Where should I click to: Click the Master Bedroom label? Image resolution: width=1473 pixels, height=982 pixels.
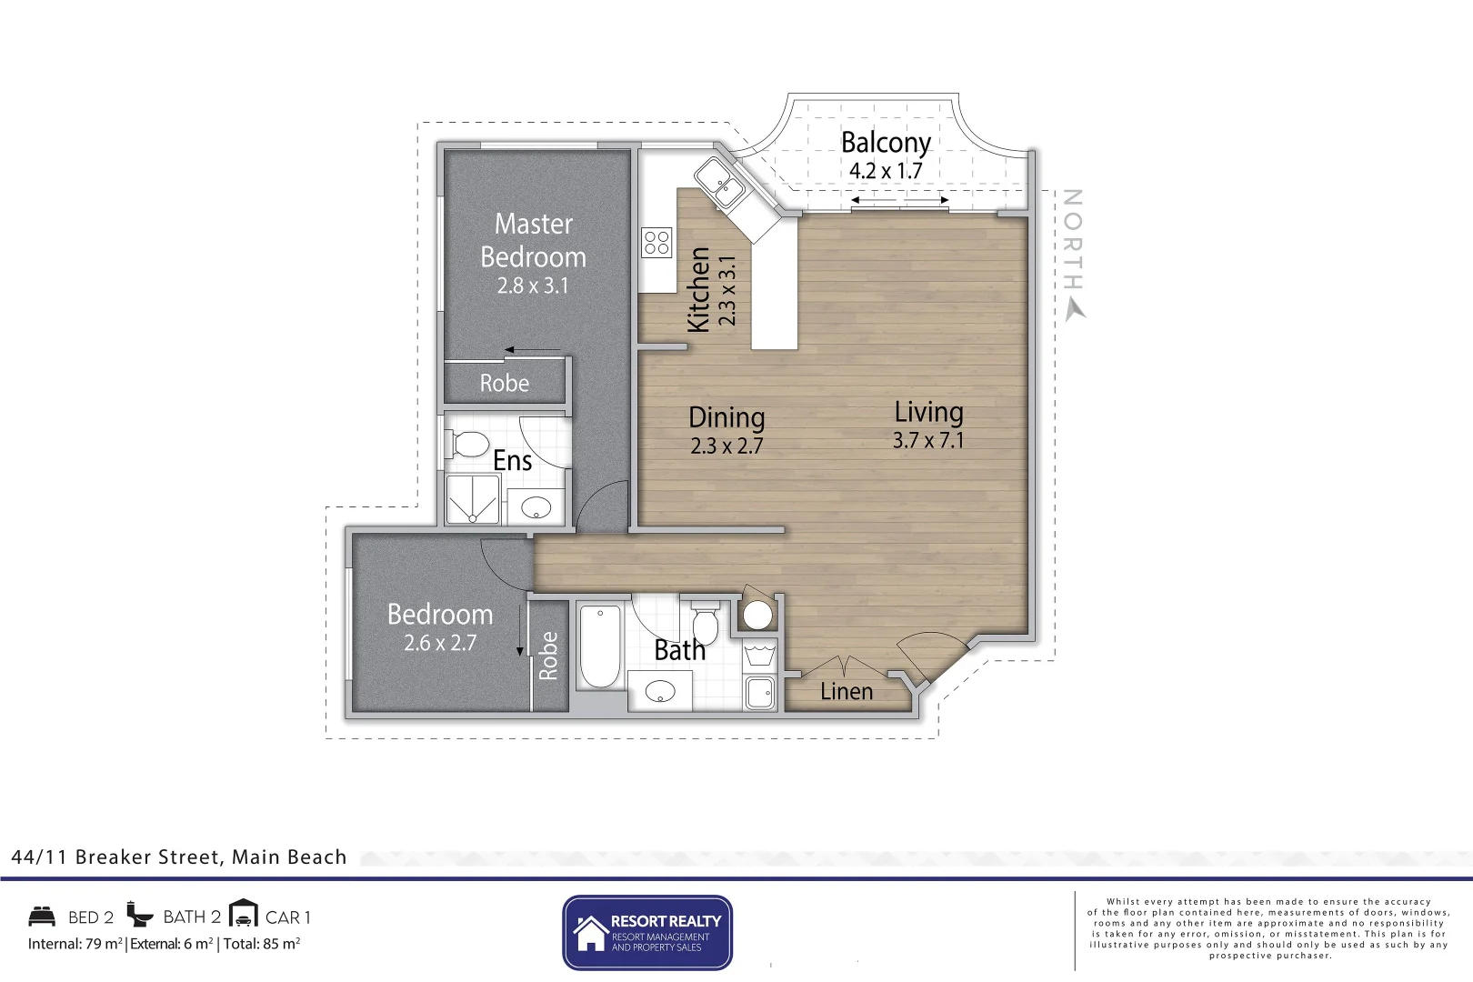click(x=533, y=240)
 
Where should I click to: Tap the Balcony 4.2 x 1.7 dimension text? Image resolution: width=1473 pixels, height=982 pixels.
click(x=885, y=171)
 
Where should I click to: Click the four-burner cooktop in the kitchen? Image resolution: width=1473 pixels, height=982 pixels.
click(x=656, y=243)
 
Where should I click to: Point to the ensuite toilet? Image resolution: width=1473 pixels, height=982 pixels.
click(x=466, y=445)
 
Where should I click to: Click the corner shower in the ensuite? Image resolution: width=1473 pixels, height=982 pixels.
click(x=473, y=499)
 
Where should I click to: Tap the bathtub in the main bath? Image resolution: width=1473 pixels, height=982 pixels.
click(x=600, y=646)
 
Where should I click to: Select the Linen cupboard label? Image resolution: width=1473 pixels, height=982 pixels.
click(x=846, y=692)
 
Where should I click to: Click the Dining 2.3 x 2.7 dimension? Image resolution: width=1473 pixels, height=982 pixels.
click(x=726, y=446)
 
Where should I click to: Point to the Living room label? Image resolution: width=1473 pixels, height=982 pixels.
click(x=928, y=412)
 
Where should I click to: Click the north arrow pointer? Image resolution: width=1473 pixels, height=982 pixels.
click(x=1076, y=309)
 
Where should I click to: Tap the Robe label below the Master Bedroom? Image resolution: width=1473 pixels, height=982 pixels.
click(x=505, y=384)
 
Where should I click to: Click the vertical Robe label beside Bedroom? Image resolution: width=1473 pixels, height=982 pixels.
click(x=548, y=656)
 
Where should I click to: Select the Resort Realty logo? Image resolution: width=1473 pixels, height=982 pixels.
click(x=646, y=933)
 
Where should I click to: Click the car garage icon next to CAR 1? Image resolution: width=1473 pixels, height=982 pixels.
click(x=244, y=914)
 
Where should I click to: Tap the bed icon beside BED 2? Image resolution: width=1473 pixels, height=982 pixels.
click(x=42, y=916)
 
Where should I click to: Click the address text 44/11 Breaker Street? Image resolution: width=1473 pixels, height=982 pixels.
click(x=178, y=857)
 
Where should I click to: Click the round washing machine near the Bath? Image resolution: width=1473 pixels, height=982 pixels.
click(x=757, y=616)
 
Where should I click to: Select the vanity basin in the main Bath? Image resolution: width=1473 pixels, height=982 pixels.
click(x=660, y=692)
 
